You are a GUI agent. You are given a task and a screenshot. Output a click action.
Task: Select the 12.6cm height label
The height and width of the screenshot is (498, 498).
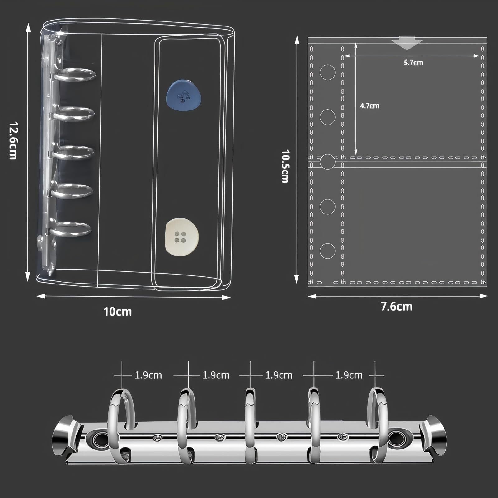tap(13, 140)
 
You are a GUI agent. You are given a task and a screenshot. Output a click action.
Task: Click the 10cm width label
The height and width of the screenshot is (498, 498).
tap(118, 312)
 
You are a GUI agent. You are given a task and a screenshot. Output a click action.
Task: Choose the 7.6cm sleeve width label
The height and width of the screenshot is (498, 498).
tap(397, 307)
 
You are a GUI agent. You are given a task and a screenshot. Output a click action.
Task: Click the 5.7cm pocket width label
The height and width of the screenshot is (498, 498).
tap(413, 63)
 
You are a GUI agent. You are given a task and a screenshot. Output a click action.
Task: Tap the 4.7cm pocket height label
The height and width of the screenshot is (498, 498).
tap(370, 106)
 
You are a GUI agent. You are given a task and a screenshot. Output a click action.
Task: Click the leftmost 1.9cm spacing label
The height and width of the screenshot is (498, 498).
tap(148, 375)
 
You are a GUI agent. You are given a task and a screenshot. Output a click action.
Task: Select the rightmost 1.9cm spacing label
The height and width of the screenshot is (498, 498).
tap(349, 375)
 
